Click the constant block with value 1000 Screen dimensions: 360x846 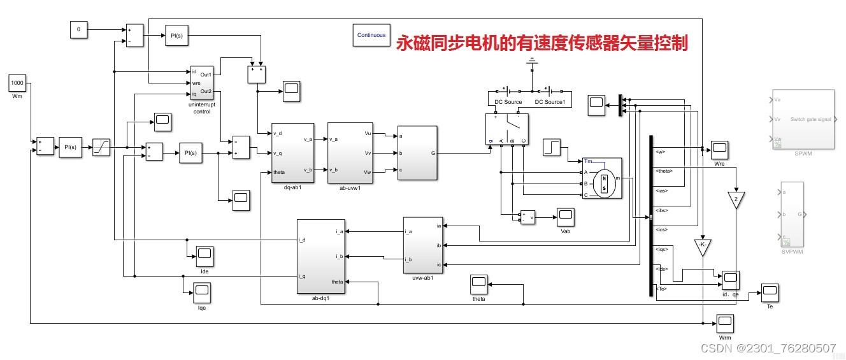tap(17, 83)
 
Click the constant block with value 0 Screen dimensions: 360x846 tap(78, 29)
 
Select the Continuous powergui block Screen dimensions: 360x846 tap(371, 36)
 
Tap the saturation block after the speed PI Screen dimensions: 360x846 tap(101, 148)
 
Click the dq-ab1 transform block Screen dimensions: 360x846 tap(292, 152)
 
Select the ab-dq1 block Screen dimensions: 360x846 tap(321, 256)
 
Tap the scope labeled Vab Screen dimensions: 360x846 tap(565, 217)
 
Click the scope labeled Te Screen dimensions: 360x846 tap(770, 293)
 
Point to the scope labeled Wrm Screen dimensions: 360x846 tap(725, 323)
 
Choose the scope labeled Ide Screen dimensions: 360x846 tap(204, 256)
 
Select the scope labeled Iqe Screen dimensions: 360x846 tap(202, 293)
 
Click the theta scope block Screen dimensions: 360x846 tap(478, 284)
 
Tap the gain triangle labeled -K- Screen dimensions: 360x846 tap(703, 247)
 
